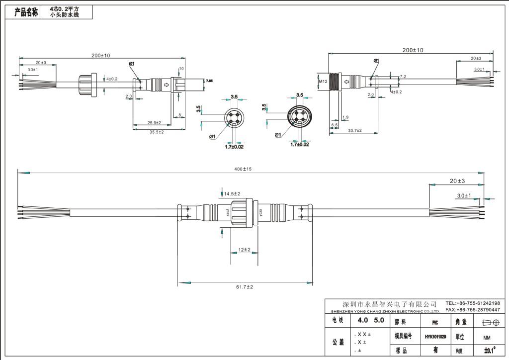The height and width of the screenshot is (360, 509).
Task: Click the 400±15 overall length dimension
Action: pos(243,169)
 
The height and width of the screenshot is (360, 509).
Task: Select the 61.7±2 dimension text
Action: pos(245,287)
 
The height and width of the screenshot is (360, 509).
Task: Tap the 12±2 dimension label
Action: pos(244,250)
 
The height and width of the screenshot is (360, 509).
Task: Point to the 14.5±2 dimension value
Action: pos(232,193)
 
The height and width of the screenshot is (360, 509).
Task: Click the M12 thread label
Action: pos(323,82)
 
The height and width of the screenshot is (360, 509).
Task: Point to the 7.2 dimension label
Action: pos(403,77)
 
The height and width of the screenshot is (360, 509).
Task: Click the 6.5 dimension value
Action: pos(335,125)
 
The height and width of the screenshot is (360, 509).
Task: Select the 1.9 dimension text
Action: pos(345,117)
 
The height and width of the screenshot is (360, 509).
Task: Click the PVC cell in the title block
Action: pos(435,322)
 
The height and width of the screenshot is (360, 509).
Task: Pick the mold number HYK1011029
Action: pos(435,337)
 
